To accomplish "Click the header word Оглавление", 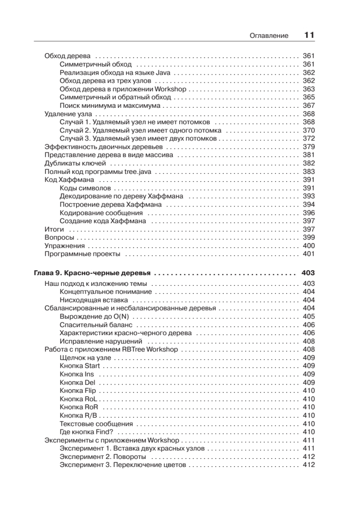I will (x=270, y=36).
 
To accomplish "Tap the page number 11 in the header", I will (x=309, y=35).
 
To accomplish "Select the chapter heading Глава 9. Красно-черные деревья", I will (x=93, y=273).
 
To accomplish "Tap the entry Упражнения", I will (x=65, y=246).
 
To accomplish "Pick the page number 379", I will (x=309, y=147).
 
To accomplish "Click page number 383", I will (x=309, y=171).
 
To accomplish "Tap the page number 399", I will (x=309, y=237).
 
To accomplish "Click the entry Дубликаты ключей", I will (x=72, y=163).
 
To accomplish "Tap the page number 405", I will (x=309, y=316).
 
